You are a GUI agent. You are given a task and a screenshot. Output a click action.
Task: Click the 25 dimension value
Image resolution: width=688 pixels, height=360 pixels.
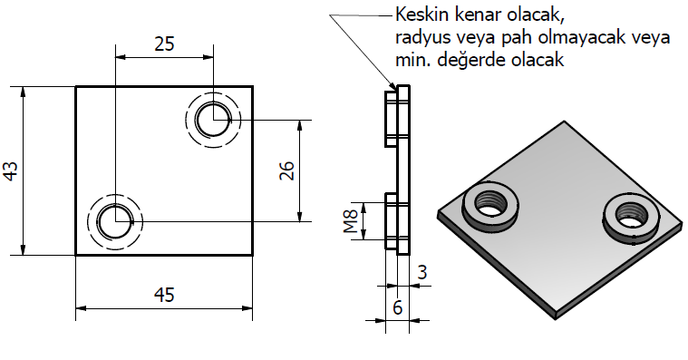(x=165, y=44)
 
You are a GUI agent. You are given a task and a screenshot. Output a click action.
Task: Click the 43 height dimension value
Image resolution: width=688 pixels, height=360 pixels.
(x=11, y=170)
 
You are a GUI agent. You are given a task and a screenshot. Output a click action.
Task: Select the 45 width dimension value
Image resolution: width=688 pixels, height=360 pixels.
(x=164, y=295)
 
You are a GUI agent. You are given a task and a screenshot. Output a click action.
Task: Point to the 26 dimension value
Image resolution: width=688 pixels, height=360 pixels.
(x=286, y=170)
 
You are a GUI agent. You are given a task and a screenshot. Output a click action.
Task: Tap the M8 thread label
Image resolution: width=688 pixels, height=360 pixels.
(x=351, y=221)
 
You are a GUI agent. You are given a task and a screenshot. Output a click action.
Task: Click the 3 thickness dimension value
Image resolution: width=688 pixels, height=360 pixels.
(x=422, y=273)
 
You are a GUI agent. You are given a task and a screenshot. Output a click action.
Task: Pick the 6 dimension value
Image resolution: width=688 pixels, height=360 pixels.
(x=398, y=307)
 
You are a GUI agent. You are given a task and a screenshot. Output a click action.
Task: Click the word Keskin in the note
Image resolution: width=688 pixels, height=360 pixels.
(x=422, y=15)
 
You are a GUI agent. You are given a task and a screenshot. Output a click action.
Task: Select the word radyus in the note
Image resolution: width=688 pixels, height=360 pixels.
(x=422, y=38)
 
